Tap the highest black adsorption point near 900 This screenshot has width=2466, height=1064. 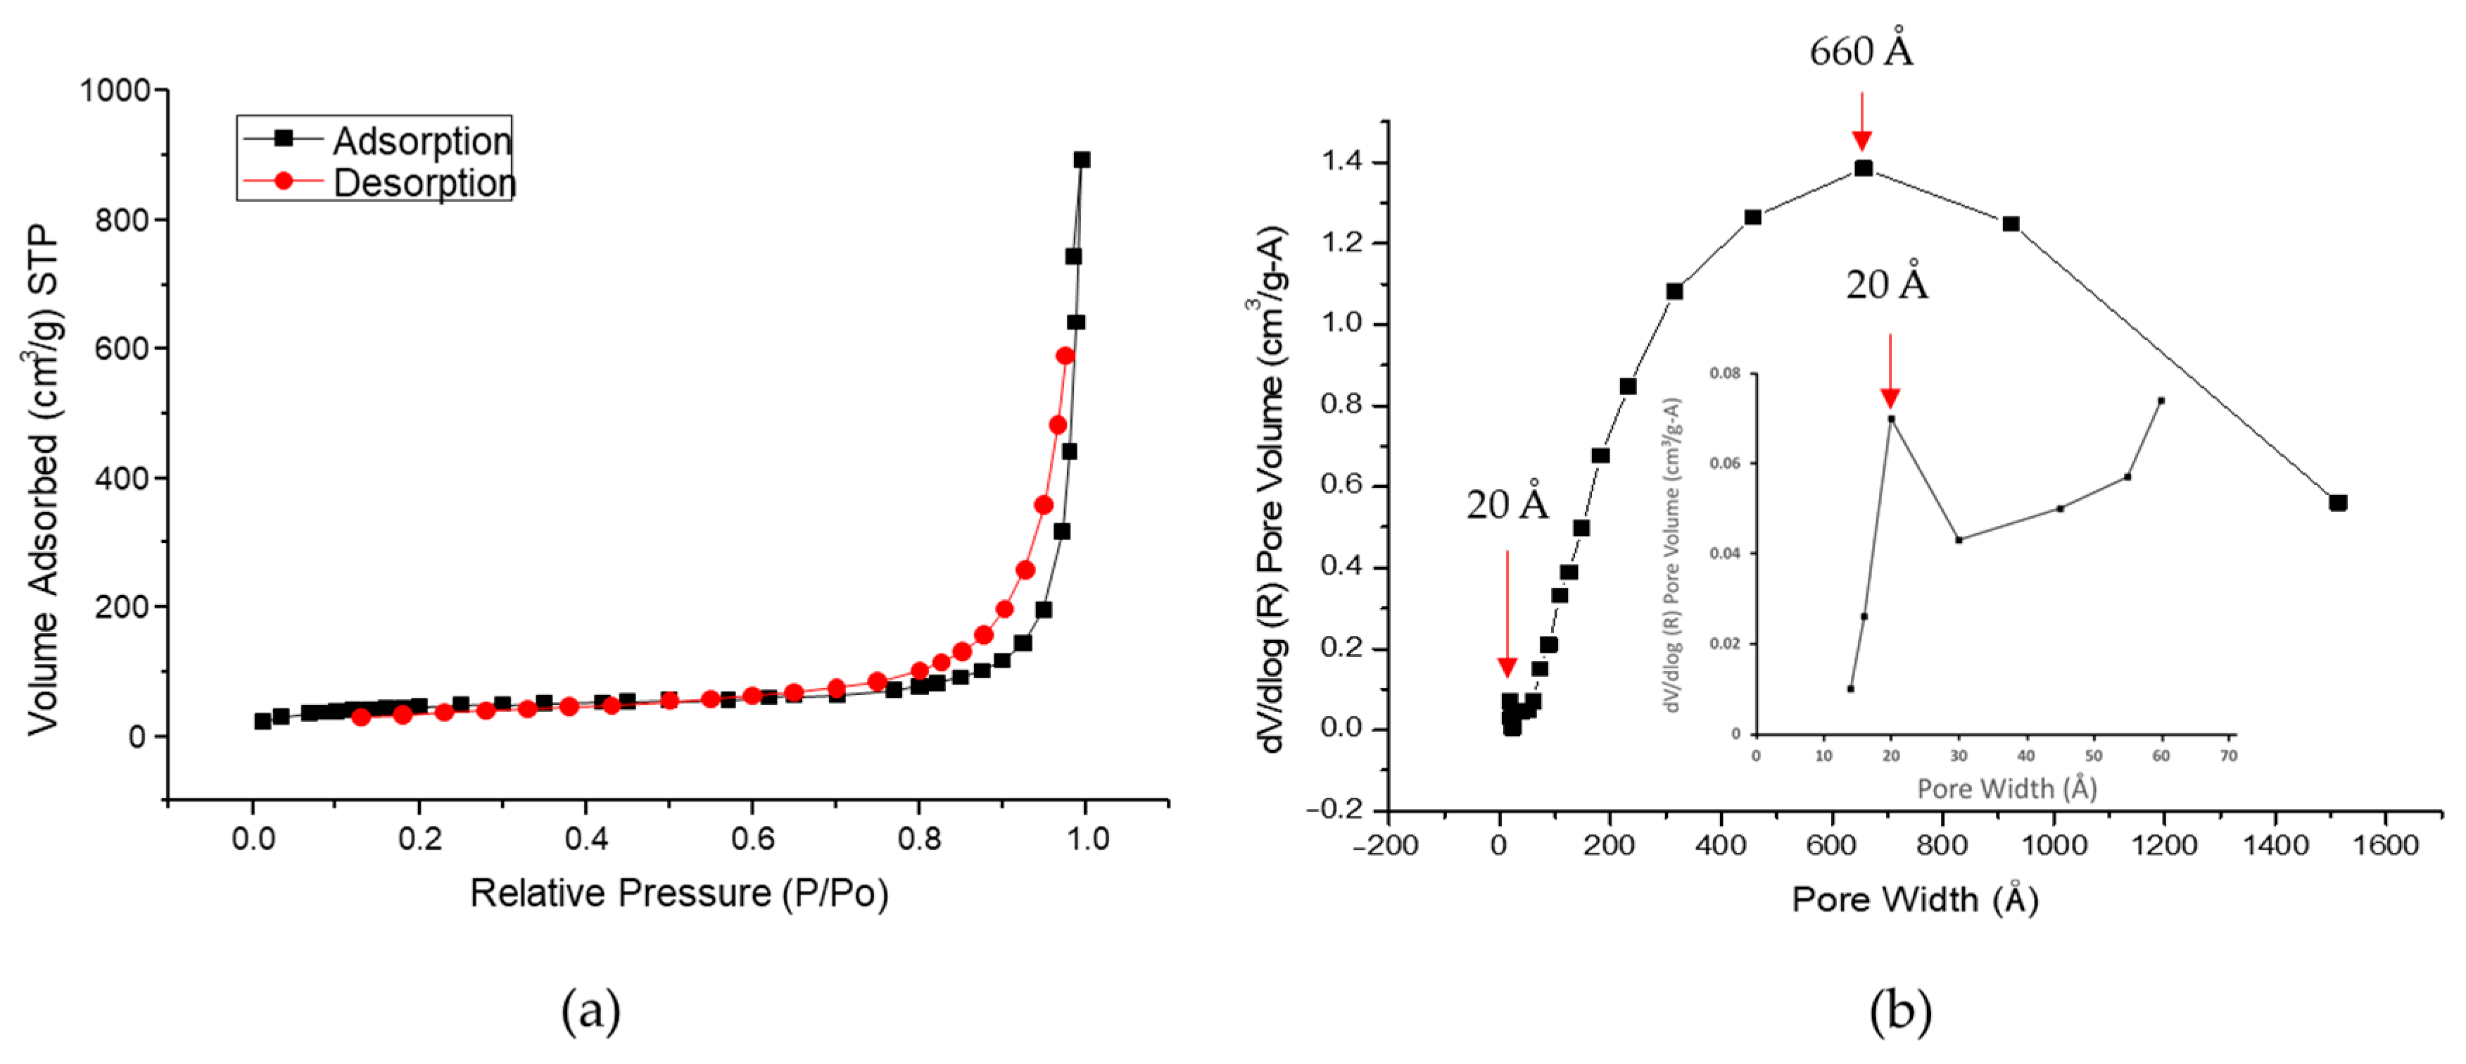pyautogui.click(x=1081, y=160)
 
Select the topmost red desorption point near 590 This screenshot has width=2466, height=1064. pyautogui.click(x=1065, y=356)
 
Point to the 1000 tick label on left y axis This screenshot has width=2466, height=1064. pyautogui.click(x=115, y=90)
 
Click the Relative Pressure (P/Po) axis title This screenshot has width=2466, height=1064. pyautogui.click(x=678, y=893)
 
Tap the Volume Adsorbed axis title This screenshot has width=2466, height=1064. pyautogui.click(x=42, y=479)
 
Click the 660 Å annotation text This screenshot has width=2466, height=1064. pyautogui.click(x=1860, y=50)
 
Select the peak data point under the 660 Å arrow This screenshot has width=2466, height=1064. pyautogui.click(x=1863, y=168)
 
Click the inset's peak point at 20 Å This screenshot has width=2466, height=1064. pyautogui.click(x=1890, y=418)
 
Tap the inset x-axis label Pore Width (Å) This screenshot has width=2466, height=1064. pyautogui.click(x=2006, y=788)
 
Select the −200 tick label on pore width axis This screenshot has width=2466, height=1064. pyautogui.click(x=1385, y=845)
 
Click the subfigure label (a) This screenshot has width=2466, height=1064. pyautogui.click(x=590, y=1010)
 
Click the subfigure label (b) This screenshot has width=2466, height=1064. pyautogui.click(x=1900, y=1010)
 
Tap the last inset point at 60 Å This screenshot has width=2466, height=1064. pyautogui.click(x=2161, y=400)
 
